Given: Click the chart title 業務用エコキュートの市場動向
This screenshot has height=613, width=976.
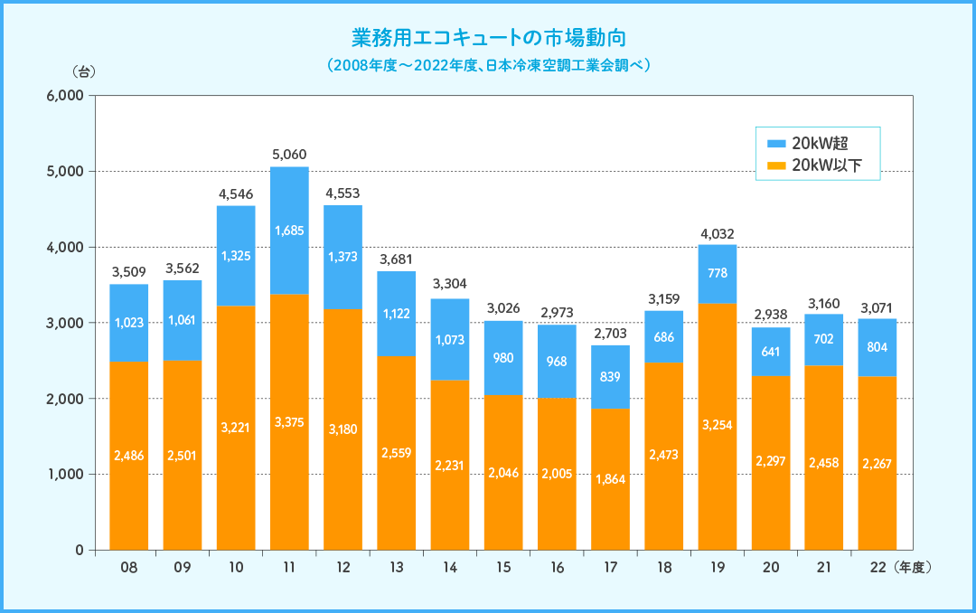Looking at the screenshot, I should point(488,38).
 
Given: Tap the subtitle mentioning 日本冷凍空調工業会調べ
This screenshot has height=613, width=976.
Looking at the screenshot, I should point(488,66).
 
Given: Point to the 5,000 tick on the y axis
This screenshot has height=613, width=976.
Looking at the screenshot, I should point(64,172).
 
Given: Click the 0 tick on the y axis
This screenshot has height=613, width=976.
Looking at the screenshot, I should point(80,550).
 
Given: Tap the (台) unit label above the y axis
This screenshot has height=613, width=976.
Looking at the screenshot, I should point(82,71).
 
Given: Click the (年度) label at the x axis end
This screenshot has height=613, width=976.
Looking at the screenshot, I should point(912,569).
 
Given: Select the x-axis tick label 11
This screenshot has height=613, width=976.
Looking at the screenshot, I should point(289,569).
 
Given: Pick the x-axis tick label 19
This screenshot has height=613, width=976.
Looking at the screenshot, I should point(717,569).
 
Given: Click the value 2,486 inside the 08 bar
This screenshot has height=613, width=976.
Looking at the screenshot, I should point(129,455).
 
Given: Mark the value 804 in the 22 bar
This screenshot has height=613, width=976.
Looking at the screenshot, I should point(877,347).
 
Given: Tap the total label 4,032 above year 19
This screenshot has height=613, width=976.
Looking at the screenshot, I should point(717,233).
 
